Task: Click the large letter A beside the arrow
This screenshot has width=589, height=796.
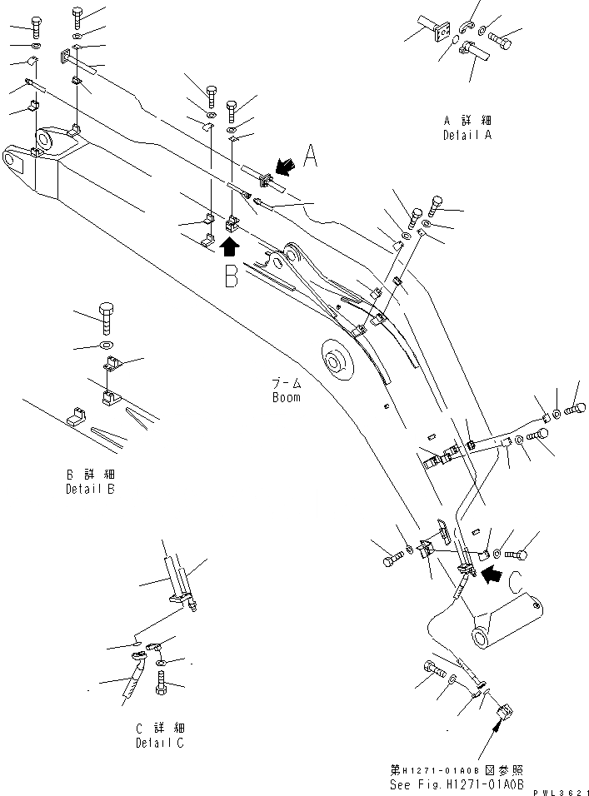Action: (x=310, y=156)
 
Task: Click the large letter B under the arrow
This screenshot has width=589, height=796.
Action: (x=231, y=276)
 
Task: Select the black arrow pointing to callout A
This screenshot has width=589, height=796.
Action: (x=285, y=170)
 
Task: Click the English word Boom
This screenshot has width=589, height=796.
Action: (x=286, y=397)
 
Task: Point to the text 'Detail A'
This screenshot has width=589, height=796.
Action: (x=467, y=134)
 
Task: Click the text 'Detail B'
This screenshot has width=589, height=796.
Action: (x=90, y=489)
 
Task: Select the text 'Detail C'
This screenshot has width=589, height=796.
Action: (x=159, y=743)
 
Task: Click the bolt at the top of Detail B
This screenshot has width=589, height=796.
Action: (x=109, y=316)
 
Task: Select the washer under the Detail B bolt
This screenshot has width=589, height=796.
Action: (x=107, y=344)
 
